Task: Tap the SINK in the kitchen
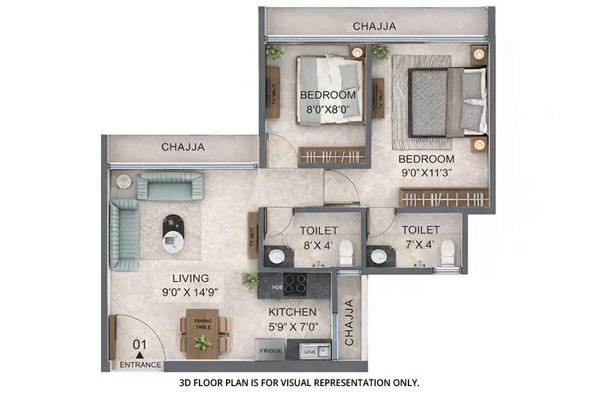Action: [x=309, y=350]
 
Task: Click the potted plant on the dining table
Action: [x=203, y=342]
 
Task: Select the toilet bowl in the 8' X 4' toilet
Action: [x=346, y=253]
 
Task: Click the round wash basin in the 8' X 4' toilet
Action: [x=278, y=256]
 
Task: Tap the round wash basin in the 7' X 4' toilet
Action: [x=380, y=256]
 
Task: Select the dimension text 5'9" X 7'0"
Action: [x=292, y=326]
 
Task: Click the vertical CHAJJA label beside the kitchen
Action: [x=349, y=321]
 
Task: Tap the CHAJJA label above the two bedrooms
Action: [x=374, y=26]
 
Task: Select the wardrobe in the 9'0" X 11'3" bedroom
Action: [x=444, y=198]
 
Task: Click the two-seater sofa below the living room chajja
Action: [x=170, y=186]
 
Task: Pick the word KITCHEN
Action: [x=292, y=312]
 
